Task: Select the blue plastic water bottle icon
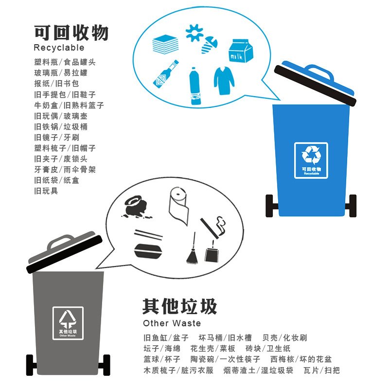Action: [x=195, y=87]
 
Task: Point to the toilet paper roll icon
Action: [x=179, y=207]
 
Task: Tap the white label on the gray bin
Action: [x=68, y=323]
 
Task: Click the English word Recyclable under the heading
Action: [x=59, y=48]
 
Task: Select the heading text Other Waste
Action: [x=172, y=323]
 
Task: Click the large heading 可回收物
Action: [x=71, y=33]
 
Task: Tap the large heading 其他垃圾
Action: [x=179, y=307]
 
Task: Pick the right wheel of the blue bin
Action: [x=354, y=206]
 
